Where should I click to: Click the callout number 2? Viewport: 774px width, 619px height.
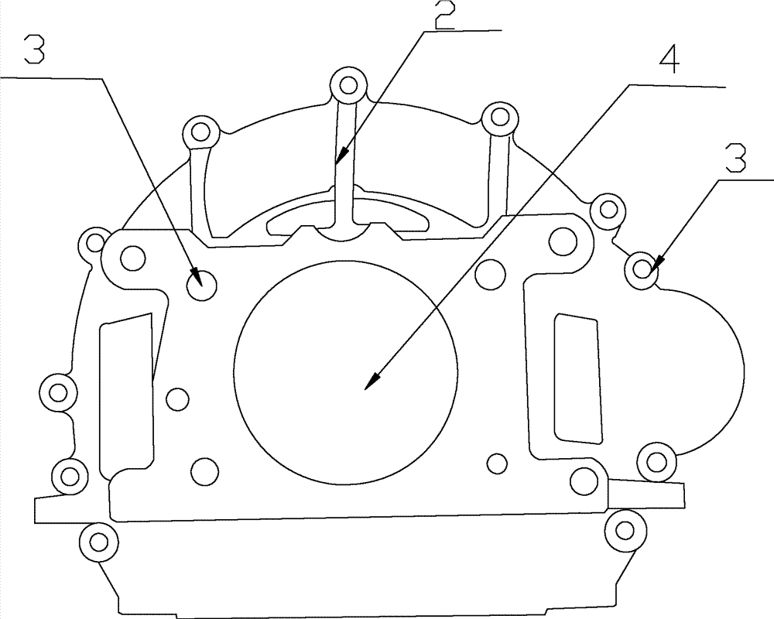click(x=444, y=15)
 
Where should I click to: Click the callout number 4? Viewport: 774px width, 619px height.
click(x=669, y=60)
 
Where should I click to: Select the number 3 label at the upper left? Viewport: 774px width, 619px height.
click(x=34, y=50)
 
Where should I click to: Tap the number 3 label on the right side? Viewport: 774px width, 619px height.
click(x=735, y=158)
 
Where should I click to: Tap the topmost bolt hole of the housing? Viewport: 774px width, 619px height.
click(x=349, y=85)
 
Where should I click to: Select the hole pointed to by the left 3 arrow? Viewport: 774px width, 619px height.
click(x=202, y=286)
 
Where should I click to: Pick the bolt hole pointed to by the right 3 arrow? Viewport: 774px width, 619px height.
click(x=642, y=269)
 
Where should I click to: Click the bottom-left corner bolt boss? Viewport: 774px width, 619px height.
click(x=99, y=542)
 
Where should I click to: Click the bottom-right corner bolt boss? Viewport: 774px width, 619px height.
click(x=625, y=531)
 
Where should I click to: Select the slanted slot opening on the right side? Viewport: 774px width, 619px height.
click(x=578, y=378)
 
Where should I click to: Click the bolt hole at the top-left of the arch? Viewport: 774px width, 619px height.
click(x=201, y=132)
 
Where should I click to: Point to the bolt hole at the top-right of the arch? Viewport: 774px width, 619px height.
click(x=500, y=118)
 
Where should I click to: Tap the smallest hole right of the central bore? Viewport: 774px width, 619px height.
click(x=497, y=463)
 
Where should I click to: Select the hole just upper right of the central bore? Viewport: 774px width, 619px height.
click(x=491, y=272)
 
